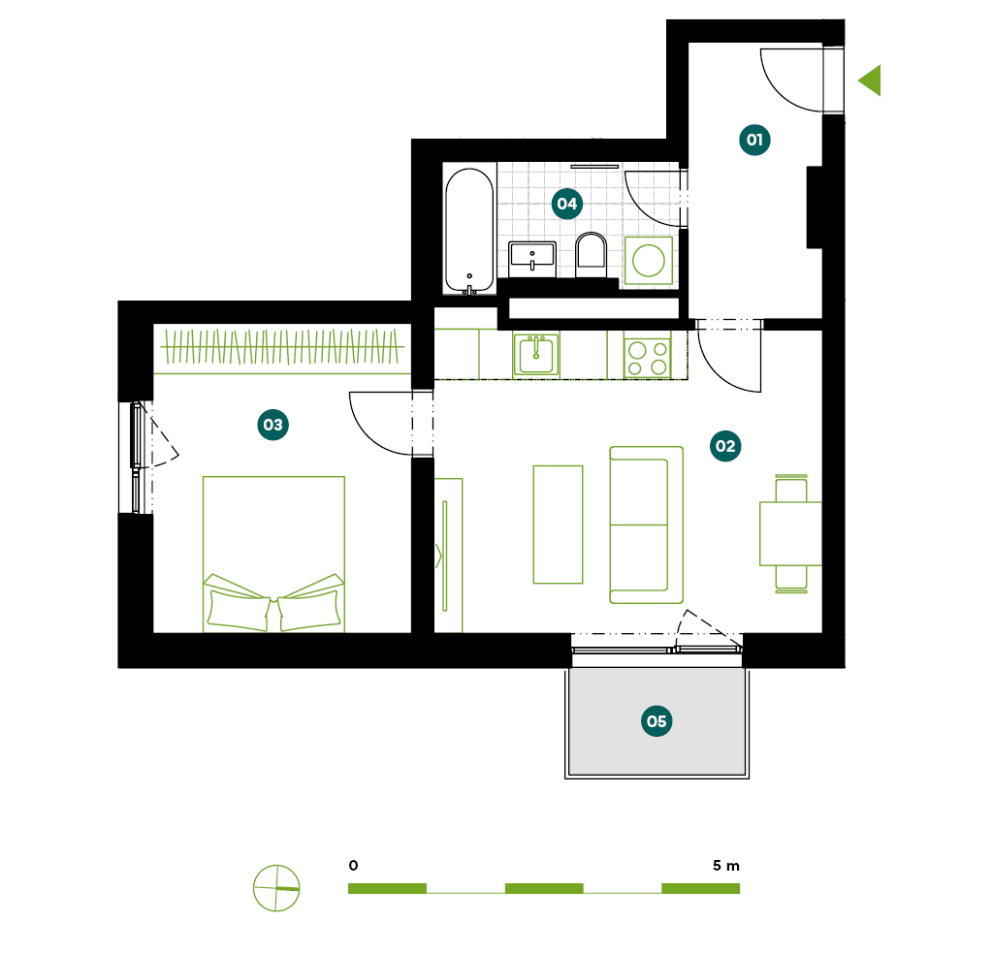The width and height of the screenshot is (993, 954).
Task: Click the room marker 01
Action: click(x=754, y=140)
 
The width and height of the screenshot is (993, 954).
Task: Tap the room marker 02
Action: click(x=725, y=446)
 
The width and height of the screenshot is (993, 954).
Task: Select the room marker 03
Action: click(x=272, y=425)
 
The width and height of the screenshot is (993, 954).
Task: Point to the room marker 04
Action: click(x=566, y=204)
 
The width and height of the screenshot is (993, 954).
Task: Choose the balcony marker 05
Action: click(x=657, y=721)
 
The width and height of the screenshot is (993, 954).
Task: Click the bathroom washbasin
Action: click(x=532, y=259)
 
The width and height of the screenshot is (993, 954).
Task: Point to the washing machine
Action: click(x=649, y=260)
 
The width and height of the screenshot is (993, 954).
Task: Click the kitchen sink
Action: click(x=535, y=355)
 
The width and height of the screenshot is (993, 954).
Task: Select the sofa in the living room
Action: click(x=646, y=525)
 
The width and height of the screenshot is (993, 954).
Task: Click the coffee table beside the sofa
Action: click(x=558, y=525)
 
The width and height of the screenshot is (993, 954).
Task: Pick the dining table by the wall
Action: click(x=790, y=533)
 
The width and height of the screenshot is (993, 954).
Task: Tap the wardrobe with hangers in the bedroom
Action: click(x=282, y=347)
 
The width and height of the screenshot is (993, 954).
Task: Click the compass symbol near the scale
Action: click(x=276, y=888)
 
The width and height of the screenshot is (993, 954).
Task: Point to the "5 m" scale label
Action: click(x=725, y=866)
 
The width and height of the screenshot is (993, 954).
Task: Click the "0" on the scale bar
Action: click(x=353, y=866)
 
